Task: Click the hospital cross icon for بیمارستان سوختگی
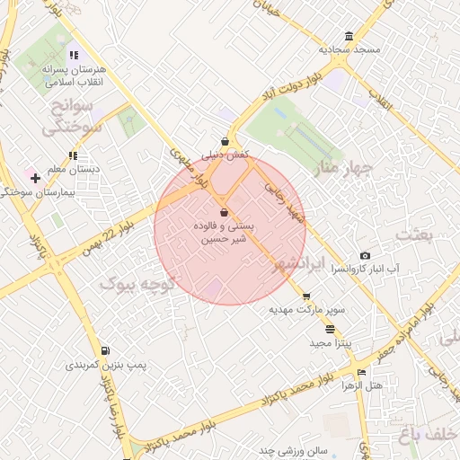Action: point(35,178)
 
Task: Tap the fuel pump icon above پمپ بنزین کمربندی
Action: point(105,350)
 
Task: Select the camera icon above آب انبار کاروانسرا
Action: point(365,256)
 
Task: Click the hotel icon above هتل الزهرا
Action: point(361,373)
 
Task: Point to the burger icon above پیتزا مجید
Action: point(332,329)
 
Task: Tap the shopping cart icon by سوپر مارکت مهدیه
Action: point(306,296)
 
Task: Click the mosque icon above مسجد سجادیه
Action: point(349,37)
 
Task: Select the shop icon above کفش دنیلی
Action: point(225,141)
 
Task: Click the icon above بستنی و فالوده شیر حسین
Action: point(223,212)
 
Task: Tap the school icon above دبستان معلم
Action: point(73,155)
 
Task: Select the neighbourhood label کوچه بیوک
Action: point(132,285)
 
